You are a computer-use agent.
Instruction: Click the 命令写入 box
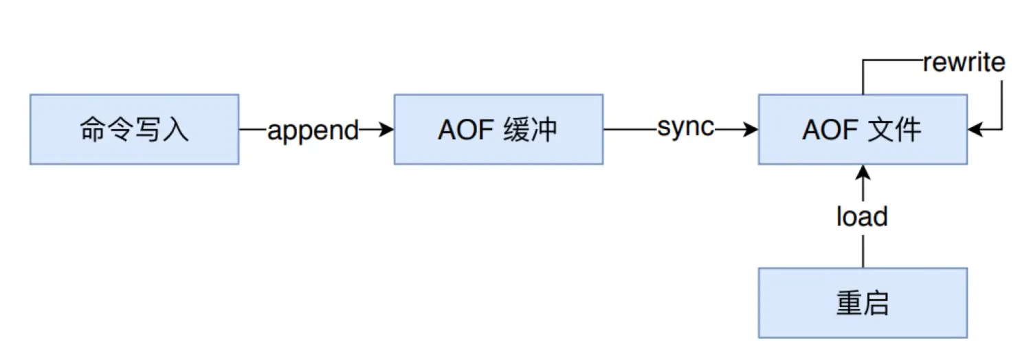pos(134,129)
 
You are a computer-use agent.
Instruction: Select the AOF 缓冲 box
pos(498,129)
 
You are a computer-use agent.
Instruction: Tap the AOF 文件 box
pos(863,129)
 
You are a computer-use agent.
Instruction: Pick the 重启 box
pos(863,303)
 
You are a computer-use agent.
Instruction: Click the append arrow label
pos(313,131)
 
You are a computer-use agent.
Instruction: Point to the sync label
pos(685,128)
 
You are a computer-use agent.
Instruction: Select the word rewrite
pos(964,63)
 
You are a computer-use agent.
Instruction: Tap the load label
pos(862,217)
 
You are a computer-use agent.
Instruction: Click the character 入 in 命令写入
pos(175,130)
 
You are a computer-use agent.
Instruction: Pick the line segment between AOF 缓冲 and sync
pos(628,129)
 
